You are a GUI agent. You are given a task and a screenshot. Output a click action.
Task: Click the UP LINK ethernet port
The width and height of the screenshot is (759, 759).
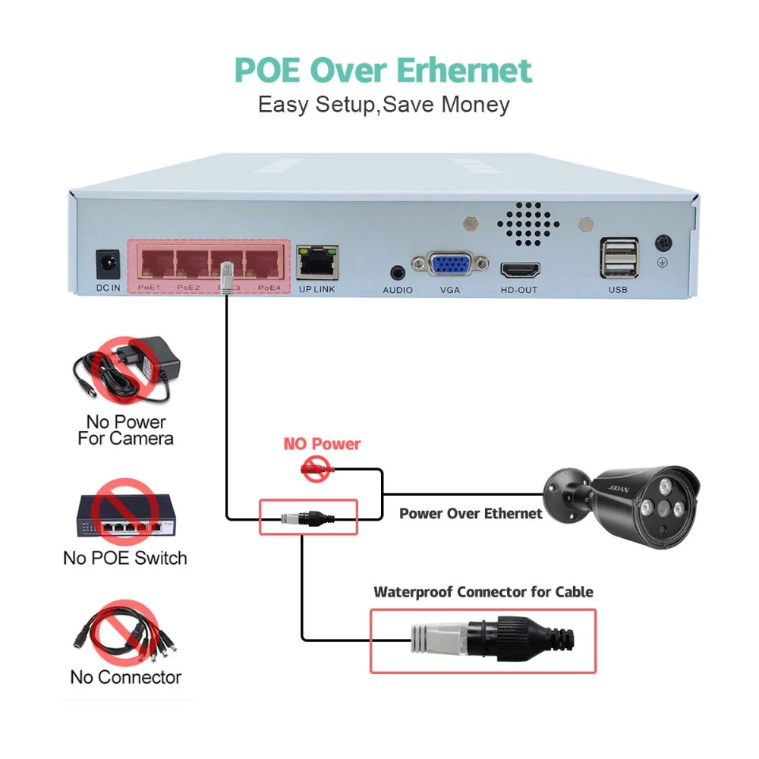[317, 261]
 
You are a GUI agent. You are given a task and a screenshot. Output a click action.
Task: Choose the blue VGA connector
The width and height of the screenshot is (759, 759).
[450, 266]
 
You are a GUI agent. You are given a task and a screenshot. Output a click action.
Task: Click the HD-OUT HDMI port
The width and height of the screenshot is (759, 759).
[519, 271]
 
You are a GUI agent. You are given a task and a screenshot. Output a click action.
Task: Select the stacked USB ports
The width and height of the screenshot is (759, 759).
[619, 258]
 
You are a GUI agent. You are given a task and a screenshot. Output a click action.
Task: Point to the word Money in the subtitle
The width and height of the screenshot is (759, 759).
[476, 104]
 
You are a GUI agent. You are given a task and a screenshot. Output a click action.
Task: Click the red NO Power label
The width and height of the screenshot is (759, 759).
[322, 444]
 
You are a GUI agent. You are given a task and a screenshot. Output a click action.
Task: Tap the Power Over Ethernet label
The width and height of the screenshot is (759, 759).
[471, 514]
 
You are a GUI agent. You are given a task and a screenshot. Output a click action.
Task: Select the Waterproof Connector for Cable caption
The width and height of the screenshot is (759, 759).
[483, 592]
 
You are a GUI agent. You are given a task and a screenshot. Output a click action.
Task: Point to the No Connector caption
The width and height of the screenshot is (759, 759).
[126, 677]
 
